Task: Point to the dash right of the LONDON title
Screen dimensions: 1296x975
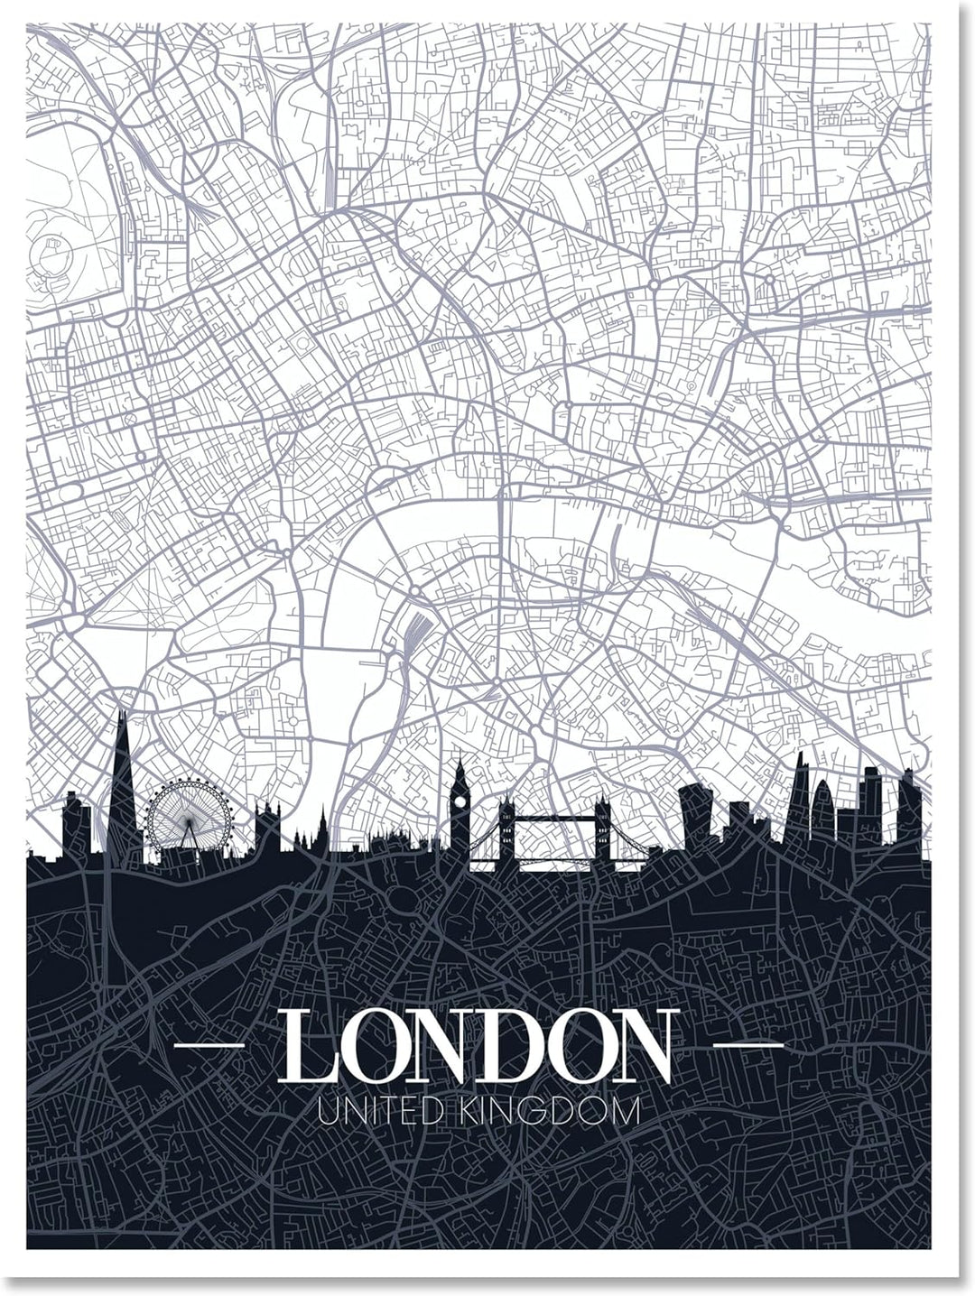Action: (x=748, y=1044)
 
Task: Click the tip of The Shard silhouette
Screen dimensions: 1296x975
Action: (x=121, y=713)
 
